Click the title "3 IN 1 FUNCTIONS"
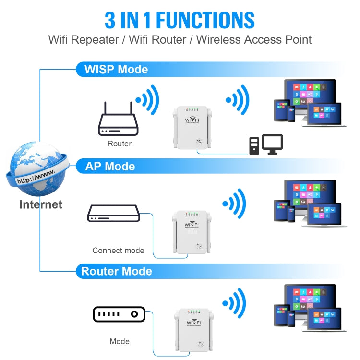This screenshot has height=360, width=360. pyautogui.click(x=180, y=20)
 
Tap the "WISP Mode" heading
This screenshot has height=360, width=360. pyautogui.click(x=116, y=69)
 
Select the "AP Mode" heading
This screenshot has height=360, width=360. pyautogui.click(x=110, y=167)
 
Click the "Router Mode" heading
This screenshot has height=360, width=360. pyautogui.click(x=116, y=271)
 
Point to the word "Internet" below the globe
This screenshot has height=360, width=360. pyautogui.click(x=40, y=204)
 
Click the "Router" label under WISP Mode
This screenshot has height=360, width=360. pyautogui.click(x=120, y=144)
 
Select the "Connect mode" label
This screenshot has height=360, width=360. pyautogui.click(x=118, y=250)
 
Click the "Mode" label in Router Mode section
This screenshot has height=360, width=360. pyautogui.click(x=120, y=341)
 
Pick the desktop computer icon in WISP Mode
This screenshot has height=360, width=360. pyautogui.click(x=265, y=145)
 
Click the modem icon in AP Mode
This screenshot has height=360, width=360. pyautogui.click(x=113, y=213)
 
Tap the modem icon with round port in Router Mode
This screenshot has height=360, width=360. pyautogui.click(x=119, y=314)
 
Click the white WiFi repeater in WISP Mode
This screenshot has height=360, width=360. pyautogui.click(x=192, y=127)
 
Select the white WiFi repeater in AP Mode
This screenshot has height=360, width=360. pyautogui.click(x=192, y=233)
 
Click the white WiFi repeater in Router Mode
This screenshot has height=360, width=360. pyautogui.click(x=192, y=331)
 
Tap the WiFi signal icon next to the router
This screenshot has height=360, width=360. pyautogui.click(x=147, y=100)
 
